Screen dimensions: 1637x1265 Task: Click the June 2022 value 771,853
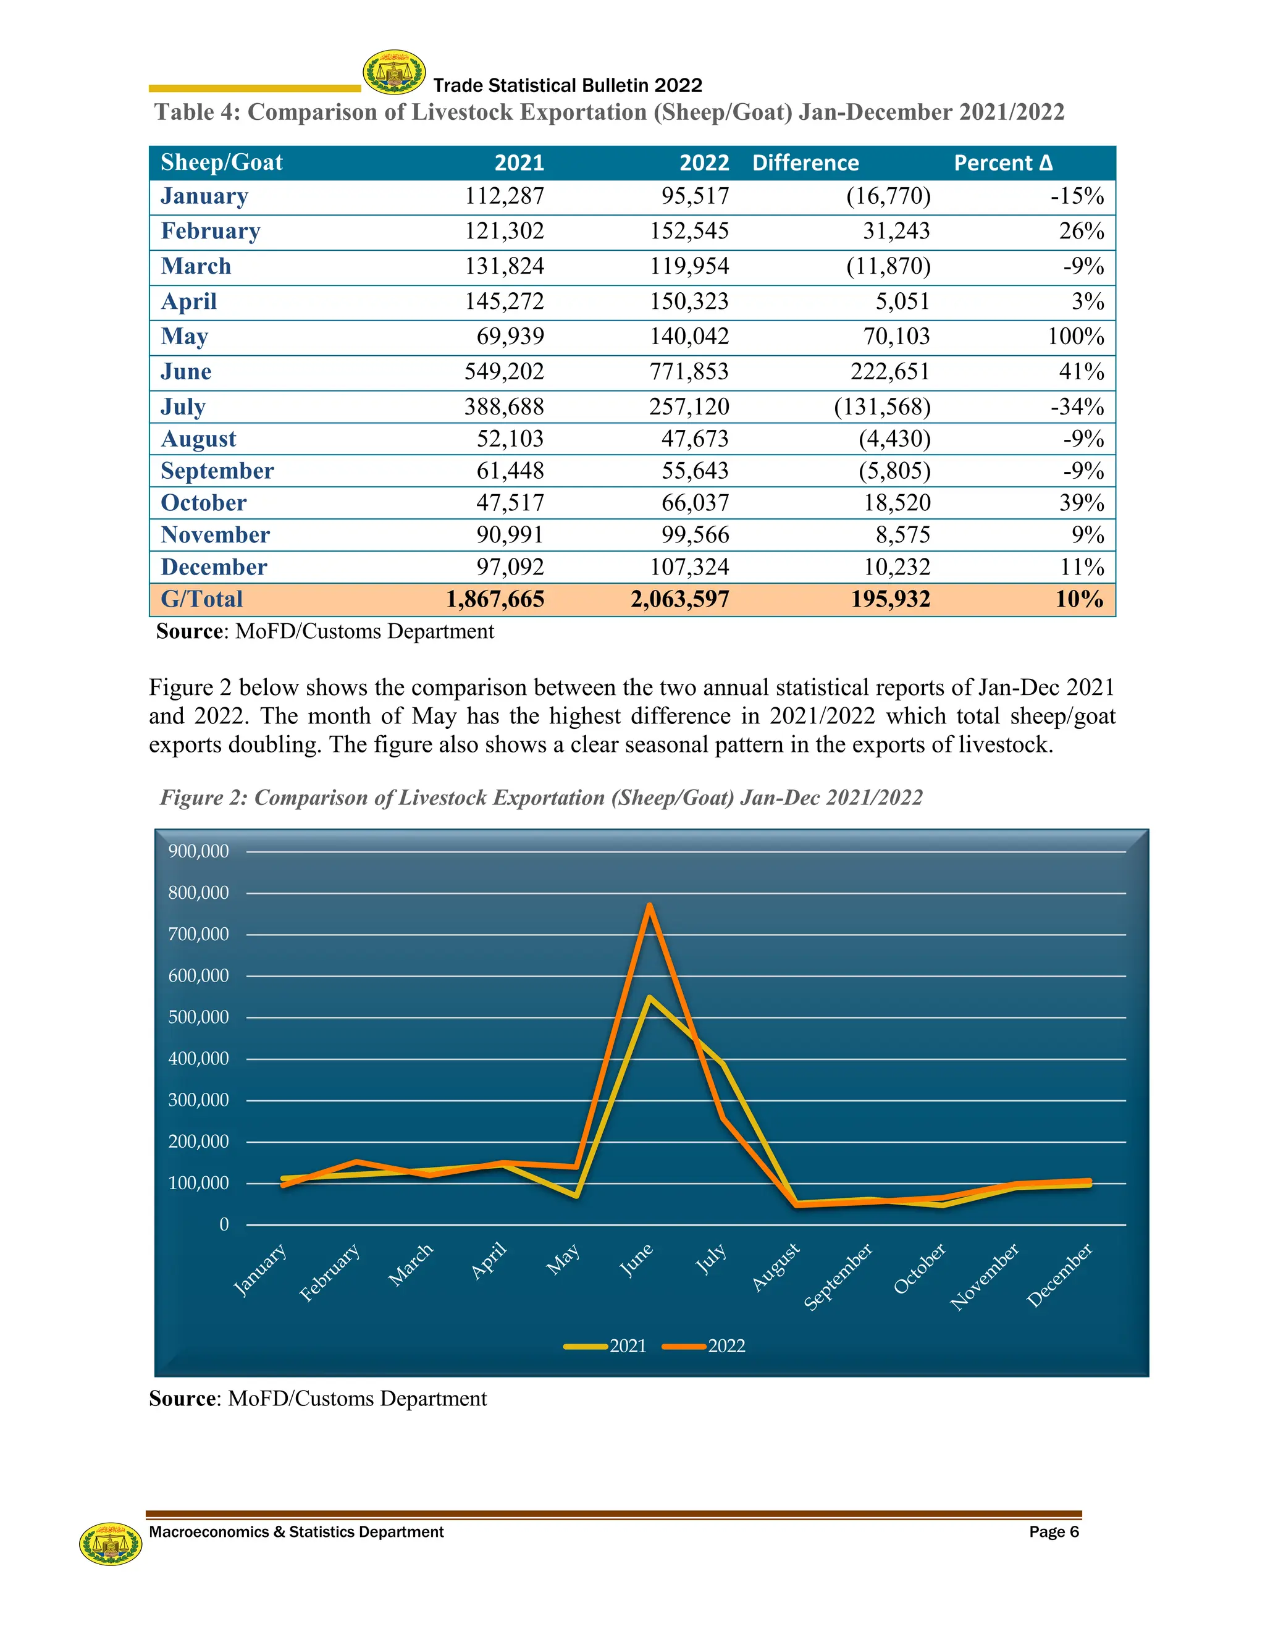tap(689, 372)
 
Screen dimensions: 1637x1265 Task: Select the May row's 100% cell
tap(1075, 337)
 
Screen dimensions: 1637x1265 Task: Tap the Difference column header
tap(805, 162)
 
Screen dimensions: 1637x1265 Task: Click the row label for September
tap(217, 471)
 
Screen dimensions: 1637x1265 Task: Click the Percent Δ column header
tap(1002, 162)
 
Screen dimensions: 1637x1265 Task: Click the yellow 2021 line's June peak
tap(649, 998)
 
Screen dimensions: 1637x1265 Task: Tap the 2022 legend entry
tap(704, 1345)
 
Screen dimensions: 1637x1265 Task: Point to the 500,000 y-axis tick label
tap(199, 1017)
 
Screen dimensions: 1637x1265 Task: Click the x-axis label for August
tap(776, 1267)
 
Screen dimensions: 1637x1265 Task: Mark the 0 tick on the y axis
tap(224, 1225)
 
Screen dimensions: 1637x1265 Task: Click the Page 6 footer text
tap(1054, 1531)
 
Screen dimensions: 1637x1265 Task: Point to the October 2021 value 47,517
tap(510, 503)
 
